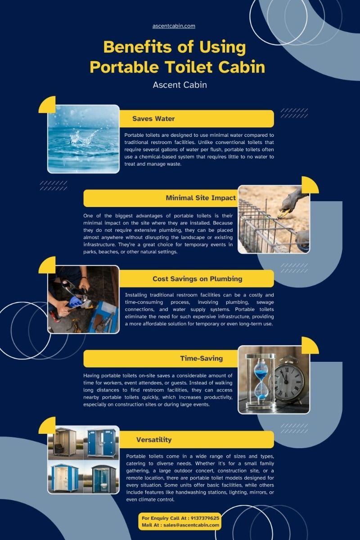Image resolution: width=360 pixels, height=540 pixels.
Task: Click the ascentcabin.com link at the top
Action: [x=174, y=26]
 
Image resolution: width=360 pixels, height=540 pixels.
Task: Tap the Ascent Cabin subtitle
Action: [x=180, y=85]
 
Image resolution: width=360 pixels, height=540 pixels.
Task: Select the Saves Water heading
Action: [x=153, y=119]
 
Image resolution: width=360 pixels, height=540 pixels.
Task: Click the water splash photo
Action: [x=83, y=139]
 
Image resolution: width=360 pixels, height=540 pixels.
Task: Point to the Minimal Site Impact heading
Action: [x=201, y=198]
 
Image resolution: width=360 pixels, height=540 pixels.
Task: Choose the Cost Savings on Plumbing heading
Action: [x=197, y=279]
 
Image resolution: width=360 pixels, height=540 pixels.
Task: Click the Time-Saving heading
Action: [x=201, y=359]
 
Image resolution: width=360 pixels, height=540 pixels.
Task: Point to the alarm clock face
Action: [x=290, y=381]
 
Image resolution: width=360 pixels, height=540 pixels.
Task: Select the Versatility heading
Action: [x=154, y=440]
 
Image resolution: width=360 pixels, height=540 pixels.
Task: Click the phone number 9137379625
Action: [x=205, y=518]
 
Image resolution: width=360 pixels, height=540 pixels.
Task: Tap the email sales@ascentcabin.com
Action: [x=191, y=525]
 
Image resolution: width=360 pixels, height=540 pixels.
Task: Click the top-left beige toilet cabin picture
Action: [x=65, y=443]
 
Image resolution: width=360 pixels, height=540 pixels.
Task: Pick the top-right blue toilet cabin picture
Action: [x=102, y=443]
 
